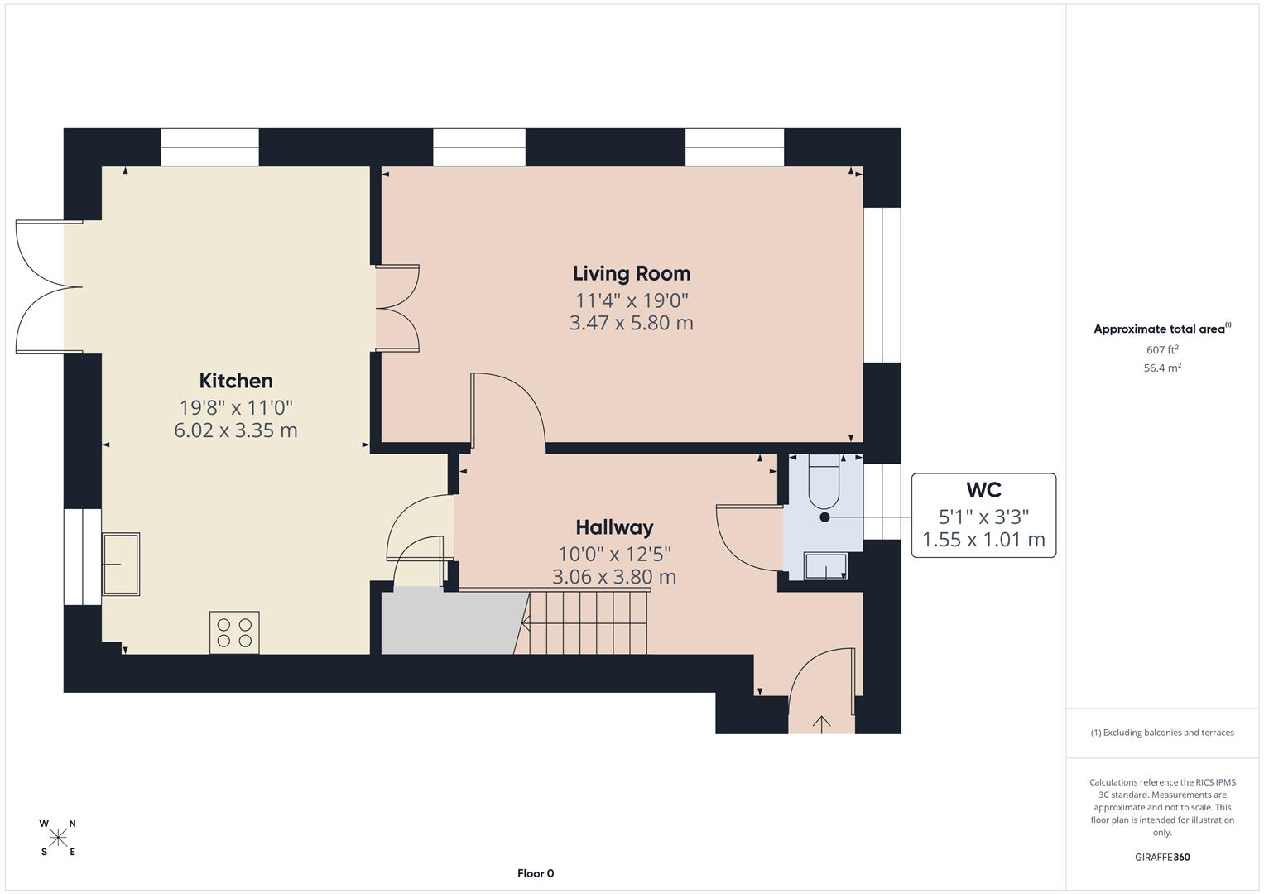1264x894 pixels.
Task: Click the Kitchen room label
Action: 236,381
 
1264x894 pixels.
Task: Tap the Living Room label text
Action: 632,273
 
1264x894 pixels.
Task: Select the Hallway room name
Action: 614,527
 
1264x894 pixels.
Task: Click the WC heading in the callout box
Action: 983,490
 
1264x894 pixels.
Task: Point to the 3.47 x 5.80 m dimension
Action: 632,324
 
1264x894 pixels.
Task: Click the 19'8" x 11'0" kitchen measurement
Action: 236,407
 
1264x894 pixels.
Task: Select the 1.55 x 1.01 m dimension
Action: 983,541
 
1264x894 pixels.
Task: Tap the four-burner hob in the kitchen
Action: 234,632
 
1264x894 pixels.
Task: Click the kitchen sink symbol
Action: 121,564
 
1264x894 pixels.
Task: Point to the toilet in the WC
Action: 824,484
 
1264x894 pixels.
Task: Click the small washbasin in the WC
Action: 826,567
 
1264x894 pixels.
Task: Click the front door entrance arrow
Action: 821,723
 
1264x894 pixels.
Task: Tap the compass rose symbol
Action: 58,838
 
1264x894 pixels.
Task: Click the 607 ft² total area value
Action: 1162,350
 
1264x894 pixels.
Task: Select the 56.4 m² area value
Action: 1162,368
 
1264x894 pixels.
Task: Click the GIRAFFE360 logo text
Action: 1162,858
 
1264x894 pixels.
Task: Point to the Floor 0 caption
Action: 536,873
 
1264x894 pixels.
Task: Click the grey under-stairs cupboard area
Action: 451,622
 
